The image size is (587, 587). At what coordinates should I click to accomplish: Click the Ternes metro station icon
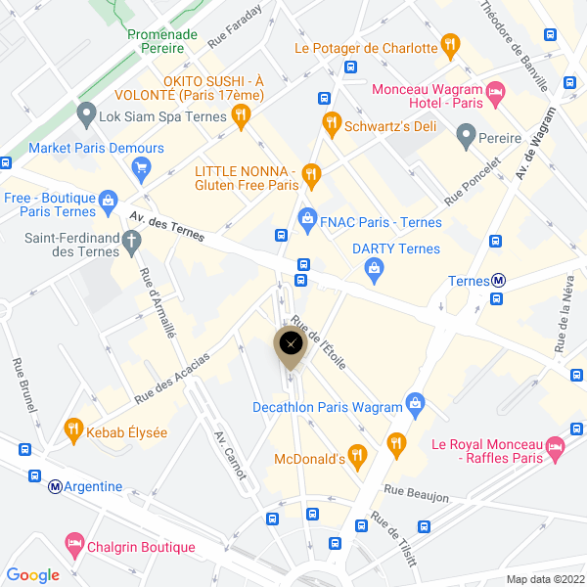click(499, 281)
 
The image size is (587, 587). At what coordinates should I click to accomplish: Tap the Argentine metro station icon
click(55, 486)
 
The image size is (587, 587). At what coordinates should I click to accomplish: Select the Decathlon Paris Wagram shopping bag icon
click(416, 402)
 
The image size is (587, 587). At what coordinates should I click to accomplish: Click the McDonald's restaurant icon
click(357, 454)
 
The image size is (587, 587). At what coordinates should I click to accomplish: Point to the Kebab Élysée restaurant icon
click(72, 428)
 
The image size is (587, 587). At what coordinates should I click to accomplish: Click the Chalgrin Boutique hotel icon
click(73, 542)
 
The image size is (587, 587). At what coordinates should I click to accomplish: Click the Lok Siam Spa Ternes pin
click(86, 113)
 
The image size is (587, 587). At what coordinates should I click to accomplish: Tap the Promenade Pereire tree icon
click(161, 13)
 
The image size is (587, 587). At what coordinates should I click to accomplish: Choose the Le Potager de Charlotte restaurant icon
click(449, 44)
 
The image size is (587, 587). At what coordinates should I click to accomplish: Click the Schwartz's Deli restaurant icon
click(332, 123)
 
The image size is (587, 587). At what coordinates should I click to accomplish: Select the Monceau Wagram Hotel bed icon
click(495, 95)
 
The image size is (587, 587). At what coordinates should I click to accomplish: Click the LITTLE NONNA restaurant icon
click(311, 175)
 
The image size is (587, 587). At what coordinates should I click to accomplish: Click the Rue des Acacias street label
click(172, 377)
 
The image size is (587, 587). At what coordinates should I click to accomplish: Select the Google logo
click(33, 575)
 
